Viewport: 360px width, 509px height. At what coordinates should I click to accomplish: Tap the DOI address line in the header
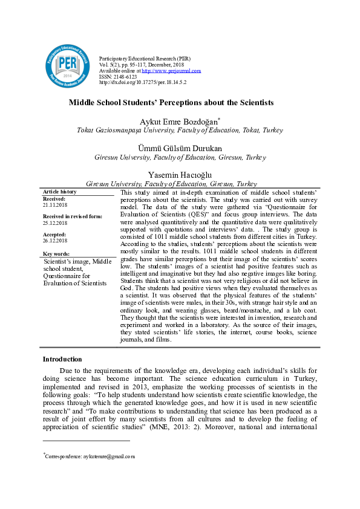pos(142,82)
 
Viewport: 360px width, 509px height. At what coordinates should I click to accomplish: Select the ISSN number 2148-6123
pos(126,76)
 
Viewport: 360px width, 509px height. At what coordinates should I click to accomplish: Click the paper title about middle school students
pos(171,103)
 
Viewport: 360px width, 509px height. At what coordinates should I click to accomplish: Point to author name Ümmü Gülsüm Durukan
pos(172,148)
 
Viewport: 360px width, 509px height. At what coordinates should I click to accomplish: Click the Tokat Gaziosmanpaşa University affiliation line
pos(171,131)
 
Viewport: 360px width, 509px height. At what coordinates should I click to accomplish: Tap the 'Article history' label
pos(59,192)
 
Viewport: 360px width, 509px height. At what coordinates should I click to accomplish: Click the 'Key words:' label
pos(57,254)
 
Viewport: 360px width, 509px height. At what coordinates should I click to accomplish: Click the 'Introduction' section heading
pos(62,359)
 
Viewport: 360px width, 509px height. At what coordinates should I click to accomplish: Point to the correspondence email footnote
pos(90,456)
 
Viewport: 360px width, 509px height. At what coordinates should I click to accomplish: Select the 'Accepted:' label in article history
pos(54,234)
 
